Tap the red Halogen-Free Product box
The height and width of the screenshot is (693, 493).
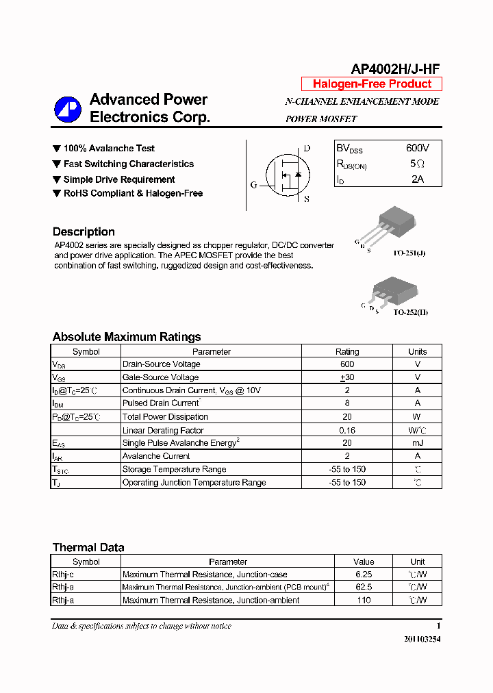pyautogui.click(x=372, y=84)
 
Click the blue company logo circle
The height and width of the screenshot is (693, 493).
pyautogui.click(x=68, y=109)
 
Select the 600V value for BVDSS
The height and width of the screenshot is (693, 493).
pyautogui.click(x=417, y=149)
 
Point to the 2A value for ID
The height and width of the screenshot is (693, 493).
pyautogui.click(x=417, y=179)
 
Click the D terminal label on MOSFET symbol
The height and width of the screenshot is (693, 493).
pyautogui.click(x=307, y=149)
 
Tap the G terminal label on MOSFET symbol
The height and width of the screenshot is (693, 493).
pyautogui.click(x=253, y=185)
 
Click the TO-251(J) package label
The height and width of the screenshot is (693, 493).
pyautogui.click(x=409, y=253)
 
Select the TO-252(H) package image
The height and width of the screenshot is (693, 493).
pyautogui.click(x=391, y=290)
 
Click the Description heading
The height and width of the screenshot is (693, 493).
pyautogui.click(x=84, y=231)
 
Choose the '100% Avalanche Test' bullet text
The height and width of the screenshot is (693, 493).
pyautogui.click(x=109, y=149)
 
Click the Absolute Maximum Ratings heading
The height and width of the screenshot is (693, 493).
pyautogui.click(x=127, y=337)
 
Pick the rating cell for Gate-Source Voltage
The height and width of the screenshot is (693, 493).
pyautogui.click(x=346, y=377)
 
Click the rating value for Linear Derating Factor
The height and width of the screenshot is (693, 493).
pyautogui.click(x=346, y=430)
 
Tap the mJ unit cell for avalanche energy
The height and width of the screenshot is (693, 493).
pyautogui.click(x=417, y=443)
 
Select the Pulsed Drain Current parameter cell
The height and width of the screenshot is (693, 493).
pyautogui.click(x=161, y=403)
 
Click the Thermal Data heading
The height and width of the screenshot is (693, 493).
pyautogui.click(x=88, y=547)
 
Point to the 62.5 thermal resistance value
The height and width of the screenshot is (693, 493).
pyautogui.click(x=364, y=587)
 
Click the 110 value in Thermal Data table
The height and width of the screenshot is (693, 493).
pyautogui.click(x=364, y=600)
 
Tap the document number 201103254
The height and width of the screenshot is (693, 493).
pyautogui.click(x=422, y=639)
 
